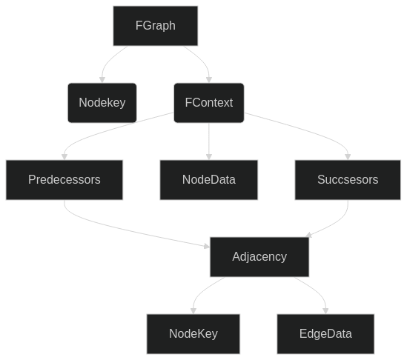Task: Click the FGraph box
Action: click(155, 26)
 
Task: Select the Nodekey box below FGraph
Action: click(102, 103)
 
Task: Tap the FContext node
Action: click(209, 103)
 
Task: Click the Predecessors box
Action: click(64, 180)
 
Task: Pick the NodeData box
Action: click(209, 180)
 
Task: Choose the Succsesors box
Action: click(348, 180)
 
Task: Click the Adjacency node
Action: click(259, 257)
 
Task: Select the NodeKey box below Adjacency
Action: click(193, 334)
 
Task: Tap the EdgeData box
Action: click(325, 334)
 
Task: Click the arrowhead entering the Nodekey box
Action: click(102, 79)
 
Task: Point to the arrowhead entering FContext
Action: click(209, 79)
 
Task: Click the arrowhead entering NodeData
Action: click(209, 156)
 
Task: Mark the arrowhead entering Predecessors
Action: click(64, 156)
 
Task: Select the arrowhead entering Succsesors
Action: click(348, 156)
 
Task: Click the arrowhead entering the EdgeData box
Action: click(325, 310)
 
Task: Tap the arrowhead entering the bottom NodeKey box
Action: click(193, 310)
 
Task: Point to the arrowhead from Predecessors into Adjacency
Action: click(207, 246)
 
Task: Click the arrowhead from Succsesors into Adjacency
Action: click(309, 235)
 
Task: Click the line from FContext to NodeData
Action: click(209, 138)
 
